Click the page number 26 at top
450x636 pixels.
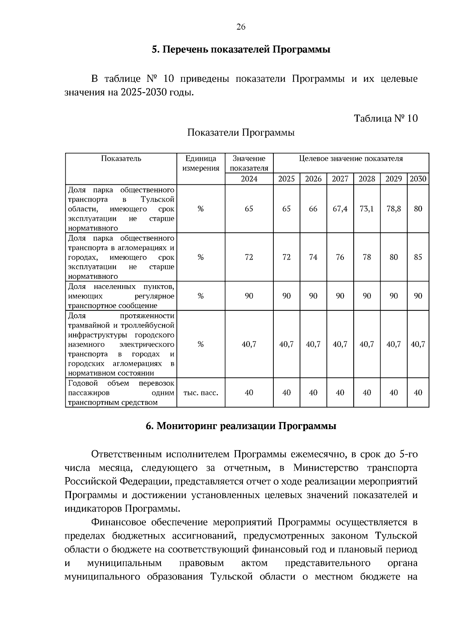241,27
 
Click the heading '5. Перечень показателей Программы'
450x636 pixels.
241,49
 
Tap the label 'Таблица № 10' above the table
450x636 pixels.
385,118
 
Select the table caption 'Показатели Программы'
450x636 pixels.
241,133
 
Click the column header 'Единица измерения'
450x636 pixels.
201,163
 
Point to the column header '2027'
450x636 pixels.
340,179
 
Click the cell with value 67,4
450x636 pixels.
340,209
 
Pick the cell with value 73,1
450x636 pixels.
366,209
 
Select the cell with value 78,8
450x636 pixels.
393,209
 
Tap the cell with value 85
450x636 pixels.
418,257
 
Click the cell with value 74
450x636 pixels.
313,257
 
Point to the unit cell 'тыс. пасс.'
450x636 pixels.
201,393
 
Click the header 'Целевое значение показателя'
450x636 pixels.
351,159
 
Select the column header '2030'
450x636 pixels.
418,179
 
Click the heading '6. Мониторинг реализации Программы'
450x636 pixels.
241,426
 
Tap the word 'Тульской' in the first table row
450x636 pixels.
157,199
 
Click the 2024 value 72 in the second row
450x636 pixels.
249,257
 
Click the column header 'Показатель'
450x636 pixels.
121,159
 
